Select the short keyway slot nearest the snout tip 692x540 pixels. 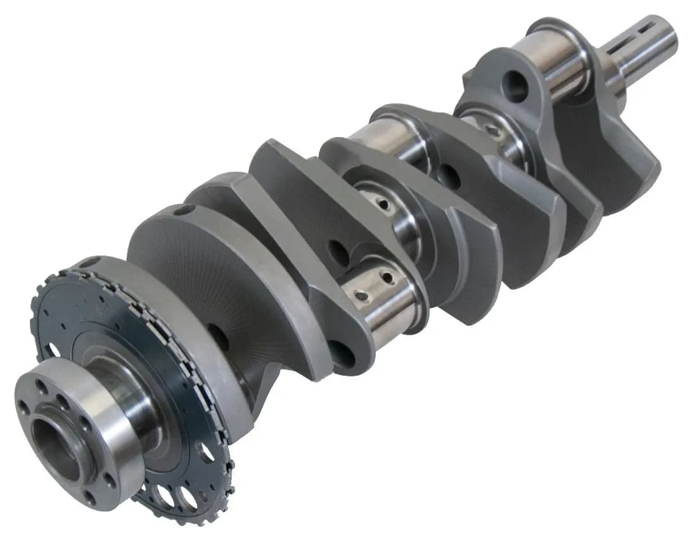(649, 28)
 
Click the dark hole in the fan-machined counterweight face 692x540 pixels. (219, 337)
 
